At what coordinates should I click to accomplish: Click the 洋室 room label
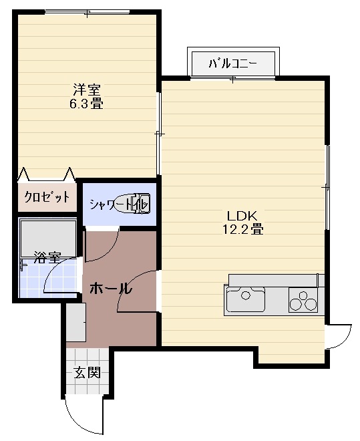point(86,90)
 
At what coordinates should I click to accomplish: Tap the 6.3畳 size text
point(86,104)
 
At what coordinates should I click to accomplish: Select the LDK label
point(242,216)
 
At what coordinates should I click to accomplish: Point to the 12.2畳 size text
point(243,229)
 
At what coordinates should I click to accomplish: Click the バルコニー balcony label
point(232,64)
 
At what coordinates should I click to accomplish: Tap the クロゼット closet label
point(47,196)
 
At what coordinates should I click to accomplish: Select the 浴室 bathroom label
point(47,257)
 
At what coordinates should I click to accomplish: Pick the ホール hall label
point(111,289)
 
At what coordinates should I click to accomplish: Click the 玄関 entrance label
point(87,373)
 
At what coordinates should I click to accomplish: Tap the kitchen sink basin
point(246,299)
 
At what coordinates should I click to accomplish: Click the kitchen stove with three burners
point(303,300)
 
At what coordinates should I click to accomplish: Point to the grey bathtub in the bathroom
point(48,239)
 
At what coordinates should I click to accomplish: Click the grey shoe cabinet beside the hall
point(76,322)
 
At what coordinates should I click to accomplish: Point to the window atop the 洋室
point(87,12)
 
